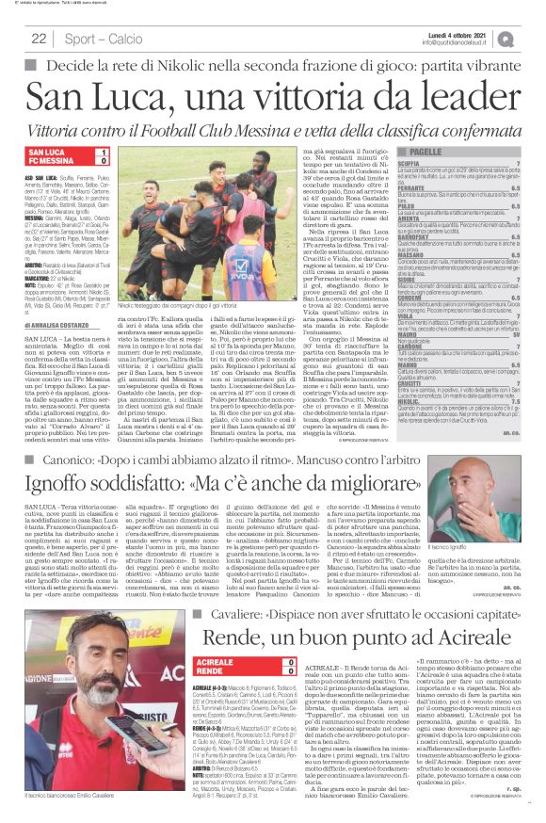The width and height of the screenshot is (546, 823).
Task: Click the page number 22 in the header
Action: [40, 39]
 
